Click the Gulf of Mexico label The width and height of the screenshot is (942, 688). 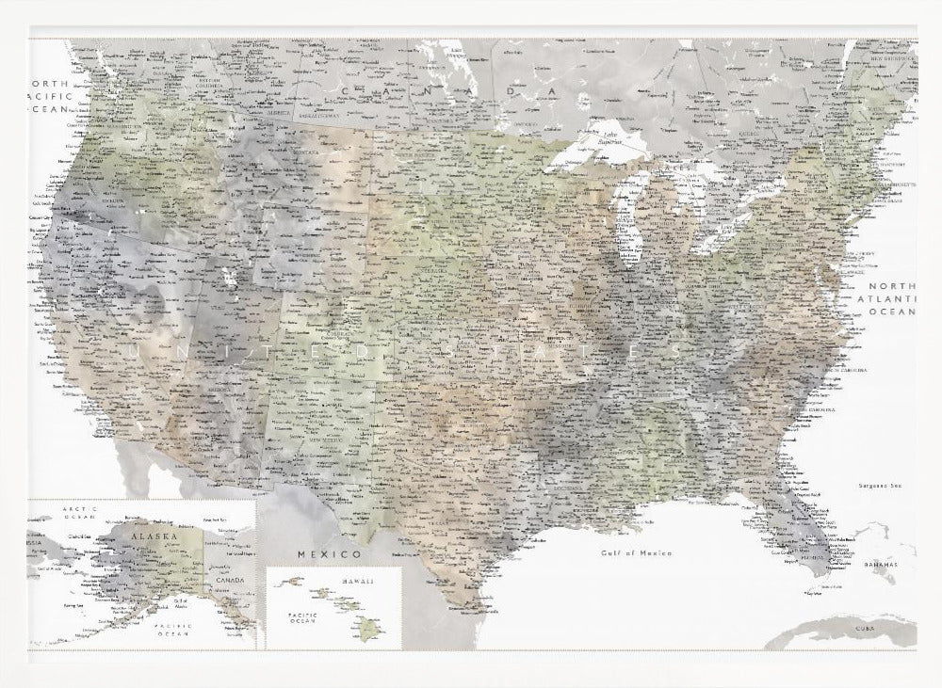point(637,552)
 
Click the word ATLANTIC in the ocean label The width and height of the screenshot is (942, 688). point(892,298)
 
